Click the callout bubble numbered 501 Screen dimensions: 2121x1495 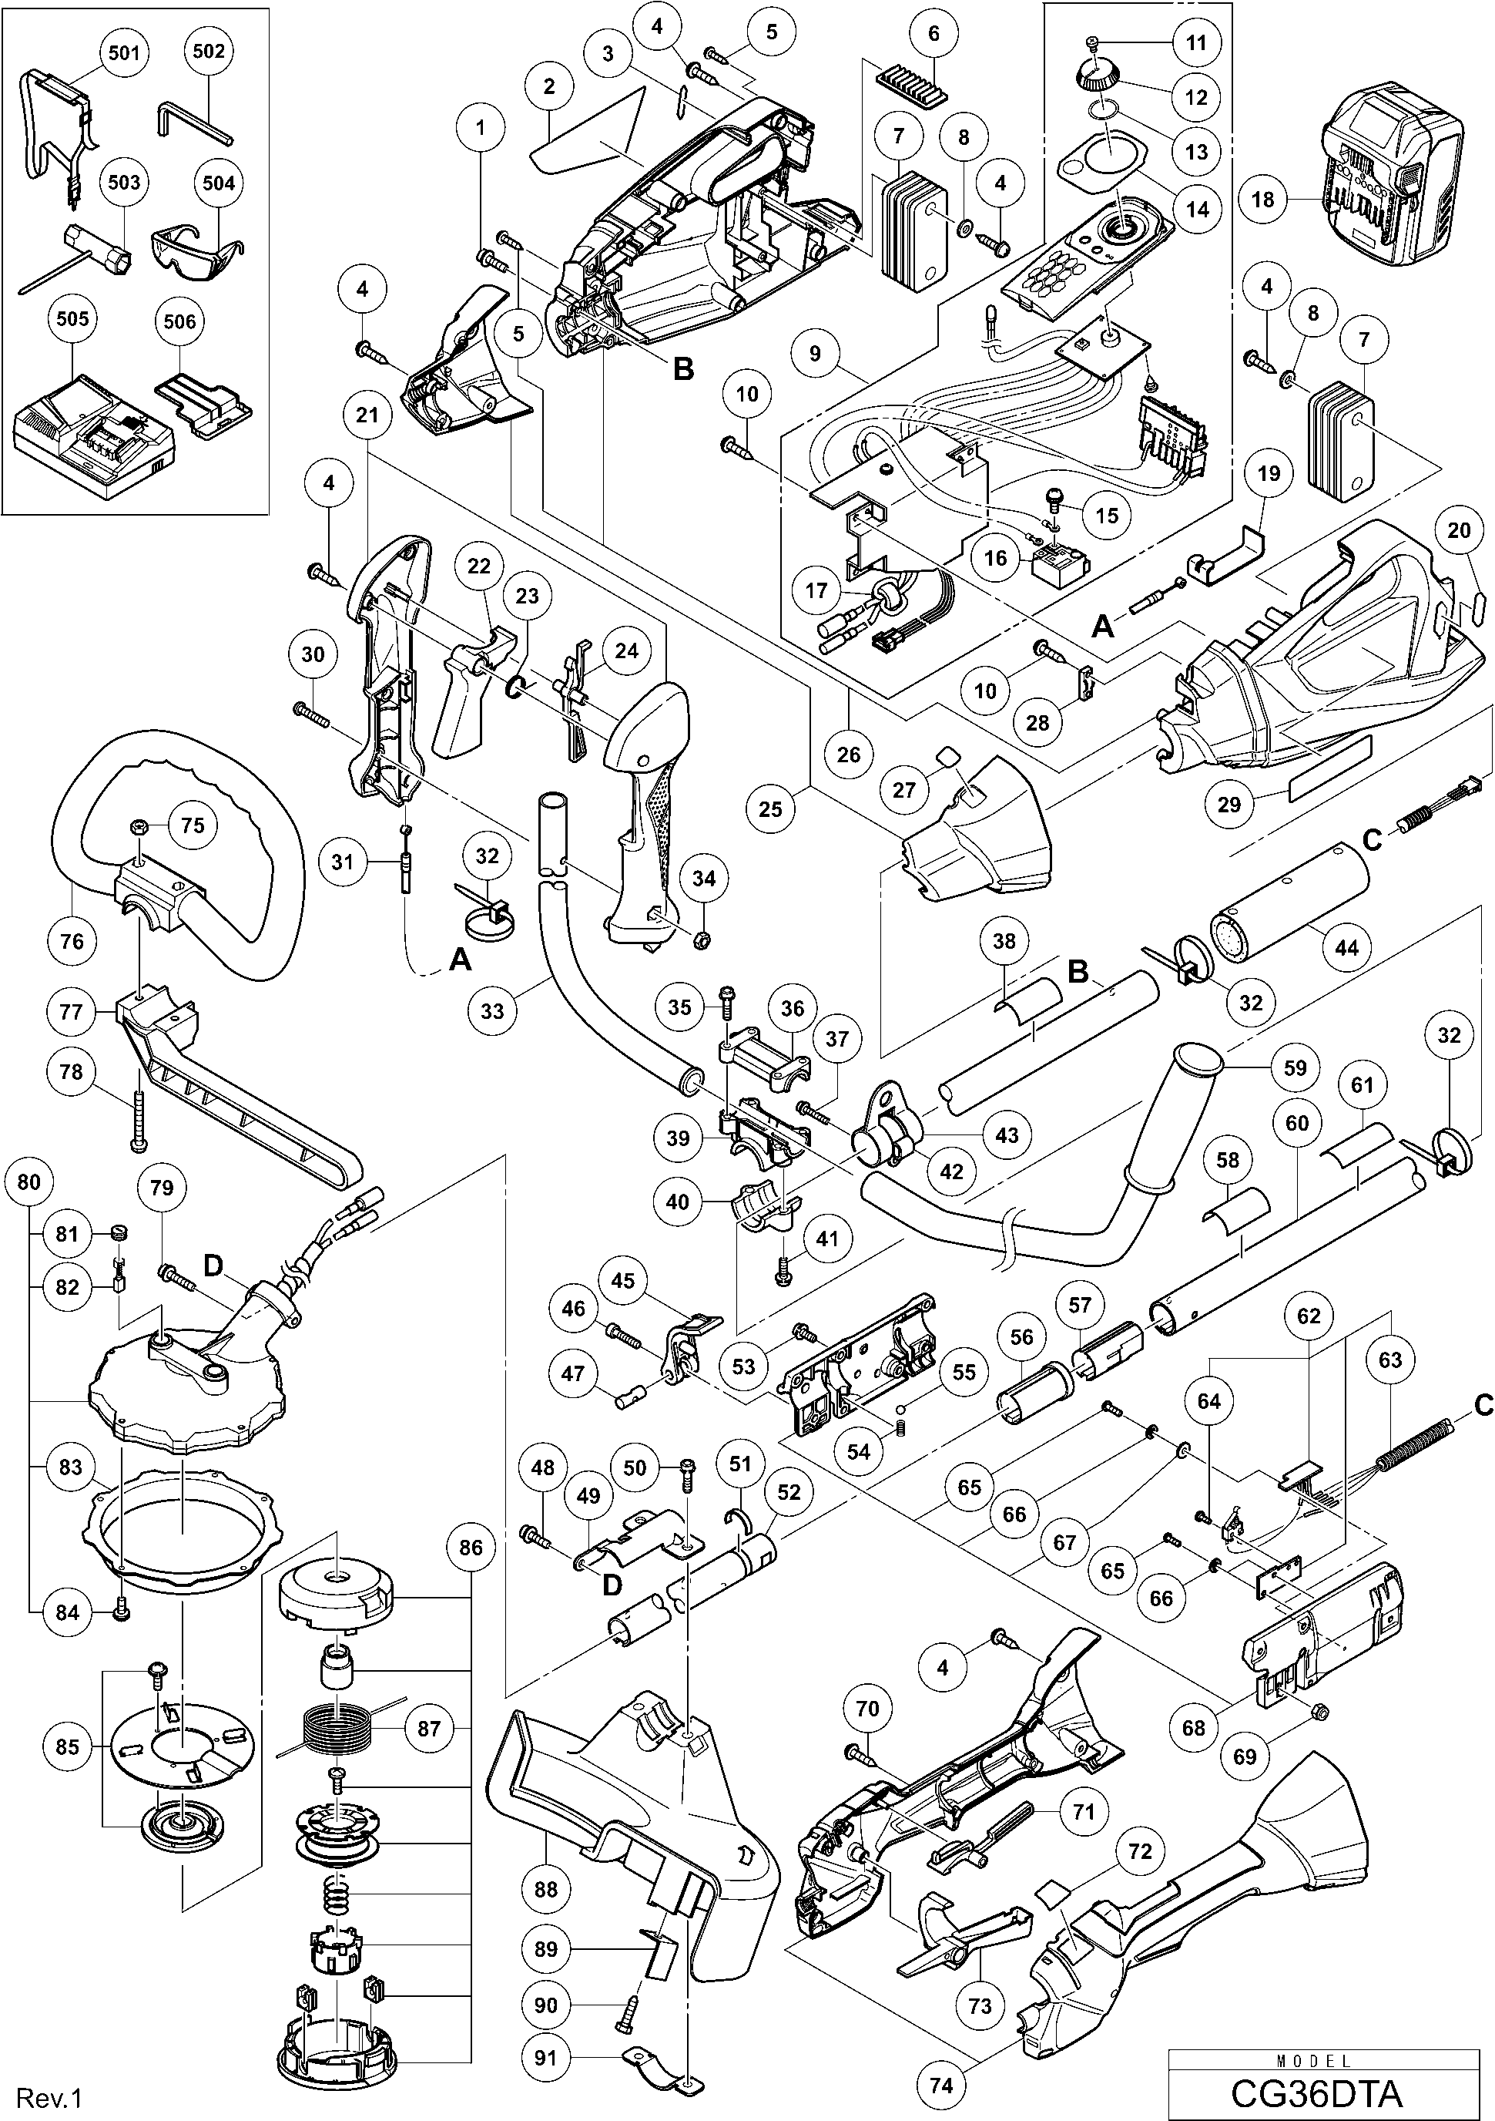tap(124, 52)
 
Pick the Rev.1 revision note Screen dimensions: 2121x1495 tap(51, 2099)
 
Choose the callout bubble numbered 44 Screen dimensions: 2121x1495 tap(1346, 947)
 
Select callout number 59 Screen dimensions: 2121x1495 tap(1296, 1068)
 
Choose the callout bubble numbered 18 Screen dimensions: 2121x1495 tap(1262, 199)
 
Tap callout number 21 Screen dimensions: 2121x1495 tap(367, 415)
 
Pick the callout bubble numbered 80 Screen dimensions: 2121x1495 tap(28, 1182)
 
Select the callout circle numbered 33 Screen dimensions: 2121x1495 tap(492, 1010)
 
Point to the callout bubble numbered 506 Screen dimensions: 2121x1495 tap(179, 321)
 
